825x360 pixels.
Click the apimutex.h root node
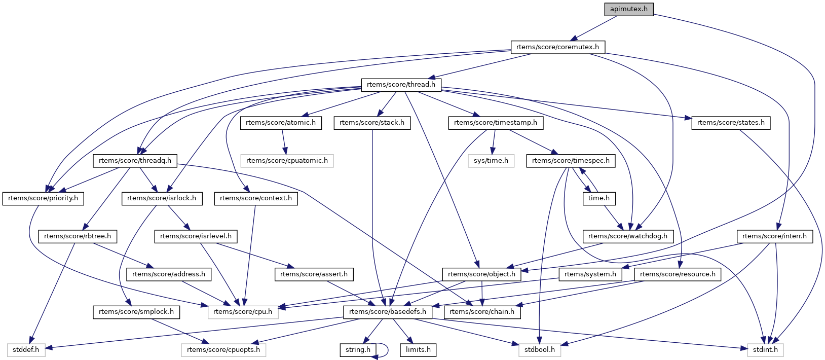tap(628, 9)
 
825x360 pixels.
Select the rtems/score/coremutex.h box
tap(557, 47)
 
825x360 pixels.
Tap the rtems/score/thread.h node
tap(401, 85)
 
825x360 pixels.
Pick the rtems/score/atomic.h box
tap(281, 123)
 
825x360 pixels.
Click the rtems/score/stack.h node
tap(372, 123)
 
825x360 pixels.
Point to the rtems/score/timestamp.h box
tap(496, 123)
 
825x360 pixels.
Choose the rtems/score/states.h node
tap(731, 123)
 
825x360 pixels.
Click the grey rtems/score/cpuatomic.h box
tap(287, 161)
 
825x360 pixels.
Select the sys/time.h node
tap(491, 161)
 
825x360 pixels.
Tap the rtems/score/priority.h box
tap(43, 198)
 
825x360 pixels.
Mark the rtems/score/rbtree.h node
tap(78, 236)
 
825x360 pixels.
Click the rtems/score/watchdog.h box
tap(628, 236)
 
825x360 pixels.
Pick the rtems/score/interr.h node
tap(774, 236)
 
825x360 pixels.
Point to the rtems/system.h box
tap(590, 274)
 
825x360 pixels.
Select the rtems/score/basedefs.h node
tap(388, 312)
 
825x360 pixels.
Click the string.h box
tap(358, 350)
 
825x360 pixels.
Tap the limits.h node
tap(418, 350)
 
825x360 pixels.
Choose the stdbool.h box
tap(540, 350)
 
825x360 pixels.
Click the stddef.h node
tap(26, 350)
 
